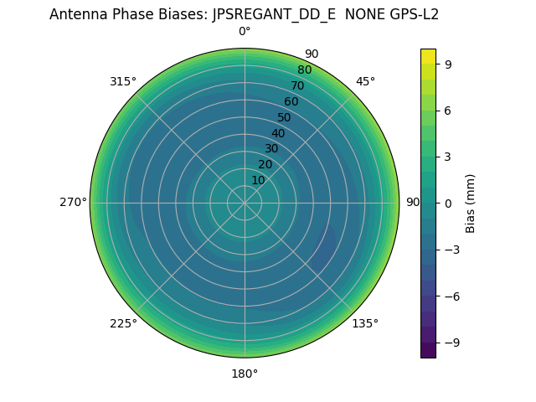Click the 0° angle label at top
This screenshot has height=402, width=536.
(245, 32)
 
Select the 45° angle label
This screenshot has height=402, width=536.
(365, 81)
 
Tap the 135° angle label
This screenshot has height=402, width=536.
(365, 323)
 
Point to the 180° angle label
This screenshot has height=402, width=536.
(245, 374)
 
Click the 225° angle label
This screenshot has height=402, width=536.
(123, 323)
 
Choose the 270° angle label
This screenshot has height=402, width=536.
(73, 203)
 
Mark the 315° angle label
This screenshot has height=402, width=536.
(123, 81)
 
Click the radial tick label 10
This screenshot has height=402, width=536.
(258, 180)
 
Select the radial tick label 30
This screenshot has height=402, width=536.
(271, 149)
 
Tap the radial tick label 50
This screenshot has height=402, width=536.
(284, 118)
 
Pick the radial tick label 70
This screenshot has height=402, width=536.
(297, 86)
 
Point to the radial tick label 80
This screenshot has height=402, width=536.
(304, 70)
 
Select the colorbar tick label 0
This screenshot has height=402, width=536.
(447, 203)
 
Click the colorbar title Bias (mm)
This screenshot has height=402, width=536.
(471, 203)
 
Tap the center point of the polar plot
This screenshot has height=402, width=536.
(245, 203)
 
